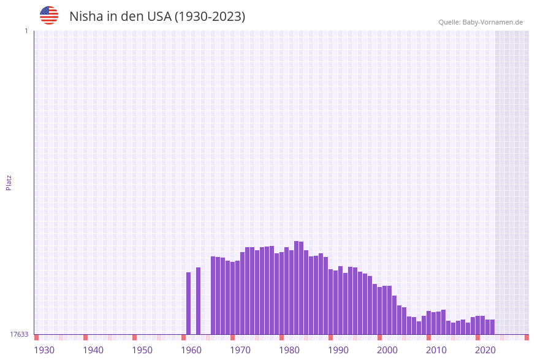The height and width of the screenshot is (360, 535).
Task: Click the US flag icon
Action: coord(49,15)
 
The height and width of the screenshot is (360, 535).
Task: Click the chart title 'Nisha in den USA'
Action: coord(157,17)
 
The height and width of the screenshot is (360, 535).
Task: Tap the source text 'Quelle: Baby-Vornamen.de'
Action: coord(480,22)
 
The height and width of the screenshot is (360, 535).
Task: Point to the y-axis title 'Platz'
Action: coord(9,182)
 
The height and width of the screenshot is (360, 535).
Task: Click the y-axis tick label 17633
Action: coord(19,334)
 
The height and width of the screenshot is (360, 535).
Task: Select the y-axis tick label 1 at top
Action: coord(26,31)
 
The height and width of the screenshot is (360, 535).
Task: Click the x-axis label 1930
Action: coord(44,350)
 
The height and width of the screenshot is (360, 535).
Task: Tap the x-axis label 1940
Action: coord(93,350)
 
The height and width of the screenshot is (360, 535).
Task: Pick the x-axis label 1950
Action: coord(142,350)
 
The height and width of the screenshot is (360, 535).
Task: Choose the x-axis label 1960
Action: coord(191,350)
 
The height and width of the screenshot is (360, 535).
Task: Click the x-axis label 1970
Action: coord(240,350)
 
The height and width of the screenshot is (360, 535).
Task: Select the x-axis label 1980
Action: coord(289,350)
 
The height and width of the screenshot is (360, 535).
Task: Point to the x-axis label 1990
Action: coord(338,350)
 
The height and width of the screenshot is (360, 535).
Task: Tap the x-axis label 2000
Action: coord(387,350)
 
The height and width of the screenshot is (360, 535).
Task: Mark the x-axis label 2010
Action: coord(436,350)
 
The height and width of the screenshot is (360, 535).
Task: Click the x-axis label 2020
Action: coord(485,350)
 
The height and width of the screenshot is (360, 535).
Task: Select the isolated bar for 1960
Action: coord(189,303)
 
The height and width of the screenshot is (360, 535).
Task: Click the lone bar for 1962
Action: coord(199,301)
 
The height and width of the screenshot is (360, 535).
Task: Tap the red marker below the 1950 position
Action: coord(135,337)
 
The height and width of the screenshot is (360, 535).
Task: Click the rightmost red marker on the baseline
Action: coord(526,337)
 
